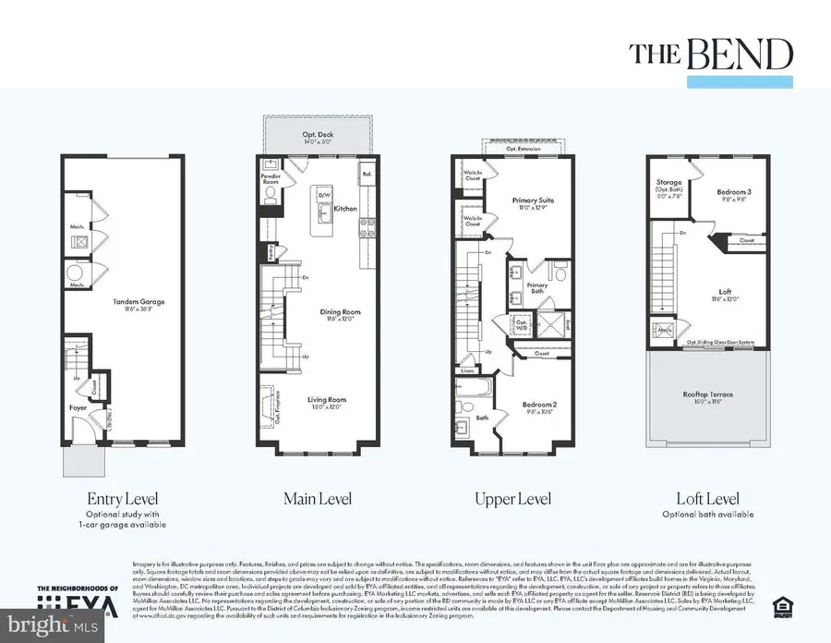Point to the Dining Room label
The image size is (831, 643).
[x=341, y=312]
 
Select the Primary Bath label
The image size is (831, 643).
[x=537, y=286]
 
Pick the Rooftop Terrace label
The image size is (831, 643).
[x=708, y=394]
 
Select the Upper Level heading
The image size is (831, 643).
[x=513, y=499]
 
